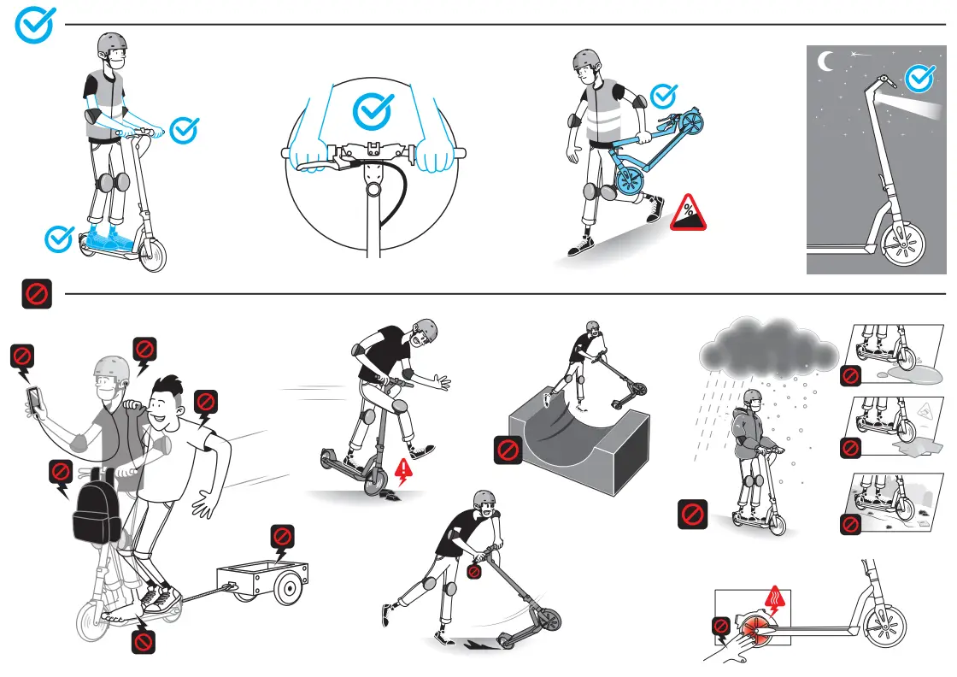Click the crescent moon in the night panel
tap(825, 61)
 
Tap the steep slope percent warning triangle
tap(688, 214)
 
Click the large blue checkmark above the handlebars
tap(373, 109)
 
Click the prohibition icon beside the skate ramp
tap(508, 450)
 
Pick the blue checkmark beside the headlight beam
tap(919, 78)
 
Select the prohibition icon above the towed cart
tap(283, 538)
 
